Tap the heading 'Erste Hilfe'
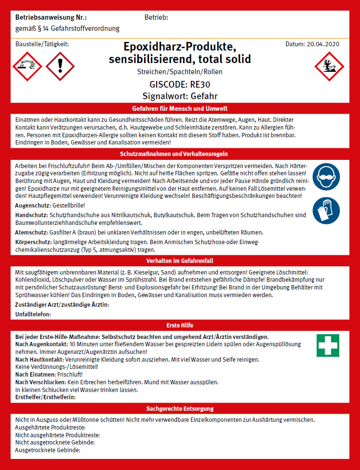tap(180, 325)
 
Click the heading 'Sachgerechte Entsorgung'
tap(180, 408)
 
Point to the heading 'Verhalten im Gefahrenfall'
tap(180, 260)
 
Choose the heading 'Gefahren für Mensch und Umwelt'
tap(180, 108)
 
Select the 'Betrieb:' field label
tap(156, 18)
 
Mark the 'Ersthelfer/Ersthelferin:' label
tap(46, 397)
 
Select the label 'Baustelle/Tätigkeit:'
tap(42, 44)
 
